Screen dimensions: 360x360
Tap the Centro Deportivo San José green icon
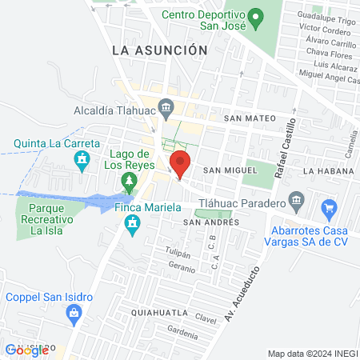(255, 15)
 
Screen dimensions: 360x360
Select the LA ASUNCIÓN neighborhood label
(160, 50)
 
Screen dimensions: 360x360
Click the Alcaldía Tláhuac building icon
(166, 106)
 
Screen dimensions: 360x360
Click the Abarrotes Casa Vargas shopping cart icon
(329, 210)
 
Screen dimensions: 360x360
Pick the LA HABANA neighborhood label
(328, 171)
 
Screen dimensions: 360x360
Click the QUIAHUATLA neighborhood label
(160, 312)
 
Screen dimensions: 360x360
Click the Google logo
(26, 350)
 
